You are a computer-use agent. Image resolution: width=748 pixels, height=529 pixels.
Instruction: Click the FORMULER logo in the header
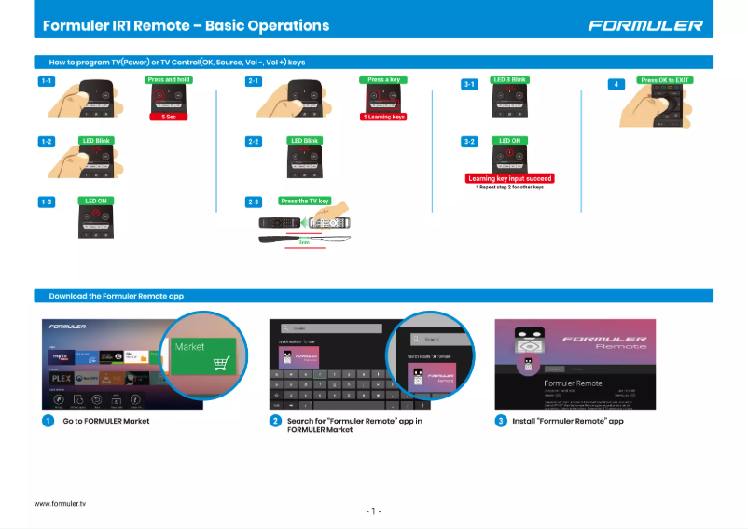pos(644,25)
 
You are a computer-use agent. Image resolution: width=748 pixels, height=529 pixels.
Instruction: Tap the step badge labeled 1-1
pos(46,81)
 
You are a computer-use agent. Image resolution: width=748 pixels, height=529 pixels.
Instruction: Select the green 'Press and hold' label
pos(169,80)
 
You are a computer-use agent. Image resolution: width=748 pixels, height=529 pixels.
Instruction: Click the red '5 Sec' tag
pos(169,117)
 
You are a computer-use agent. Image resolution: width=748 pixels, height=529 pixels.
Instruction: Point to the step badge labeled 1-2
pos(46,142)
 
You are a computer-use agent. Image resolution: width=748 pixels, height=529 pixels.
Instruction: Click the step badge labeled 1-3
pos(46,202)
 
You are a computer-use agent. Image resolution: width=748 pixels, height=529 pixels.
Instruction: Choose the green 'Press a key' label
pos(383,80)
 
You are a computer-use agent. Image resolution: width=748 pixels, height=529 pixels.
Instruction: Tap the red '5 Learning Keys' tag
pos(383,117)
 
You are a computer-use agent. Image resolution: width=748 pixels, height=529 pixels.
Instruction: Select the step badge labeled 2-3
pos(254,202)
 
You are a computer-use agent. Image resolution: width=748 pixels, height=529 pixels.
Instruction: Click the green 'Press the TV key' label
pos(305,201)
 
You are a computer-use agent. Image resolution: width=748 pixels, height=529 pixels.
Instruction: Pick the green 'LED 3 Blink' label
pos(510,80)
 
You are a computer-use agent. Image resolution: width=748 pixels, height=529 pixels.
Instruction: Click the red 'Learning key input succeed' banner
pos(510,178)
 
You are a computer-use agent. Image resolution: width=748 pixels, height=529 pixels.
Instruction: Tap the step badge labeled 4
pos(615,84)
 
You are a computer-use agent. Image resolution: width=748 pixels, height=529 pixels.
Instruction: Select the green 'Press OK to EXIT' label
pos(665,80)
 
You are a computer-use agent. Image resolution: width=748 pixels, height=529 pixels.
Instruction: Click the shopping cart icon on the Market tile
pos(220,364)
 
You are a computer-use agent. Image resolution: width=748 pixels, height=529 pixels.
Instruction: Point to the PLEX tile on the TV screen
pos(62,378)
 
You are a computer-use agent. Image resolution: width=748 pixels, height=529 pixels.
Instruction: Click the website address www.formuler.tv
pos(60,503)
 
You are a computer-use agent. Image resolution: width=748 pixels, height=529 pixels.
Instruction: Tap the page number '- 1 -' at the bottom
pos(373,511)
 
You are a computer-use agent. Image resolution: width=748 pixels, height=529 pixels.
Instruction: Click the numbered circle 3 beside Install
pos(501,421)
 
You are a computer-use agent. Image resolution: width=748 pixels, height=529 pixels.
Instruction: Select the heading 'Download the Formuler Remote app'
pos(116,296)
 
